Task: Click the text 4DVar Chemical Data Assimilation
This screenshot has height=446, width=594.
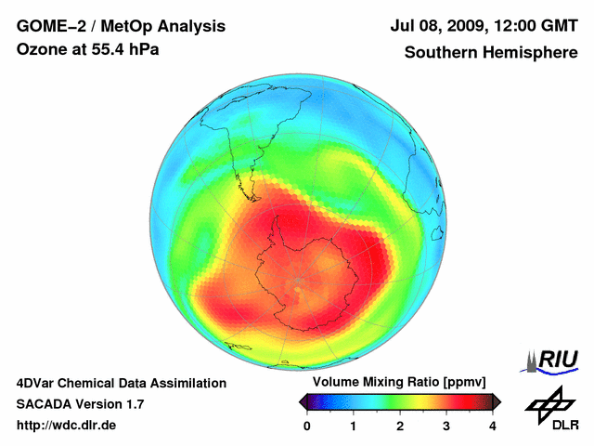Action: (x=121, y=383)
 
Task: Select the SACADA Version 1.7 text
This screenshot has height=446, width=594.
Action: (x=80, y=404)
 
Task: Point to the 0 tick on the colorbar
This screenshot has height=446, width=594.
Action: (x=307, y=426)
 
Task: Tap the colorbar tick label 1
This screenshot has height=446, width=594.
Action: (x=354, y=426)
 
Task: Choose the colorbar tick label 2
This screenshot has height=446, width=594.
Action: (x=400, y=426)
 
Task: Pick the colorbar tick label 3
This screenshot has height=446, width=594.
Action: (x=446, y=426)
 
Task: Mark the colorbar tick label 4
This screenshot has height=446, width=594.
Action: (x=493, y=426)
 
